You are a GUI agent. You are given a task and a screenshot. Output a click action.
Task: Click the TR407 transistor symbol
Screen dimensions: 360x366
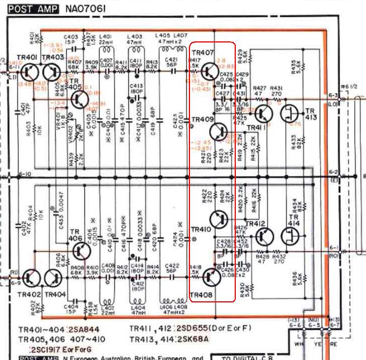click(211, 71)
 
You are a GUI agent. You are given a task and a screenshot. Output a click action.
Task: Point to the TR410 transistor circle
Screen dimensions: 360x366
click(218, 218)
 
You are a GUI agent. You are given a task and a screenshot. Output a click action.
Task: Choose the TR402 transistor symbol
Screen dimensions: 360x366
click(32, 278)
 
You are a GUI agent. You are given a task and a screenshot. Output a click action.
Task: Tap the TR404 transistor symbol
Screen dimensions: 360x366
click(54, 278)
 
